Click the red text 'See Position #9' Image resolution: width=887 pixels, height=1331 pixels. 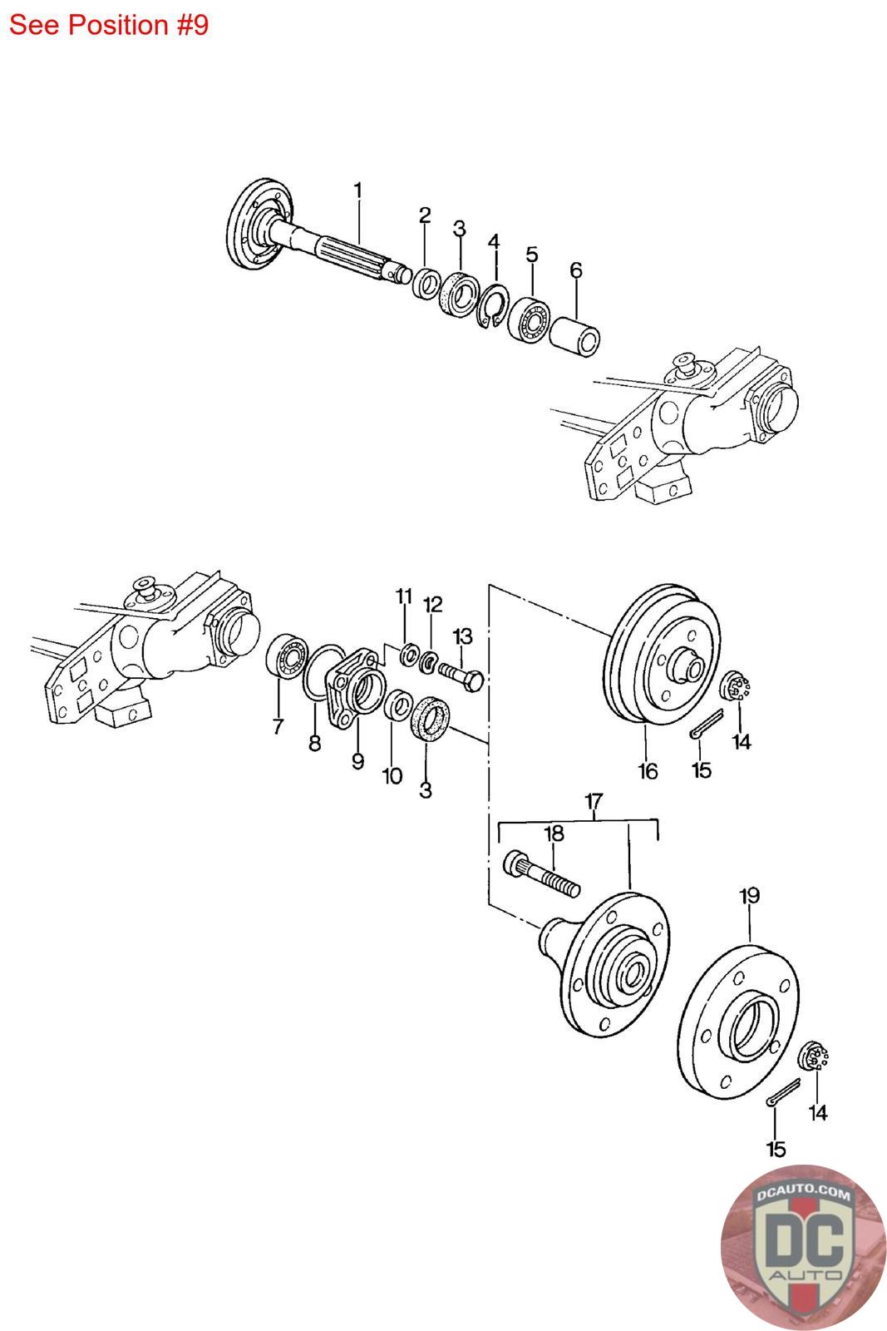click(109, 26)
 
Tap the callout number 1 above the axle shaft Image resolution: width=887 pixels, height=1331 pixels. click(357, 190)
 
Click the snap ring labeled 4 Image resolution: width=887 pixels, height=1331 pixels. click(493, 305)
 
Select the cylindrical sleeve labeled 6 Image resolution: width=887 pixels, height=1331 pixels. click(574, 336)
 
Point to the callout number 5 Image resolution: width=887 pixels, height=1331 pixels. click(531, 255)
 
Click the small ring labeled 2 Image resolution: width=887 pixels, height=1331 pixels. click(426, 284)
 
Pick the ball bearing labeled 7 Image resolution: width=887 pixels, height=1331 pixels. click(287, 656)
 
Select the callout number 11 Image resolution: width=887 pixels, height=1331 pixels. click(404, 596)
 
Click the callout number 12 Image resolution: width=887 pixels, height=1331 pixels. click(433, 605)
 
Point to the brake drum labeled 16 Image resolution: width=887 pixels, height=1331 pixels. click(662, 654)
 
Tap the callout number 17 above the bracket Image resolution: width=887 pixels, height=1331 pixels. click(594, 802)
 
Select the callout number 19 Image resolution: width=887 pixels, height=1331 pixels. click(749, 895)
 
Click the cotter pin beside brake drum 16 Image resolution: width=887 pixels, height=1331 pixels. click(707, 724)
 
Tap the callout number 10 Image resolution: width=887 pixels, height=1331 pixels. click(392, 775)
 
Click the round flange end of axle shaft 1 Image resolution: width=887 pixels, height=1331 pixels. click(259, 225)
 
